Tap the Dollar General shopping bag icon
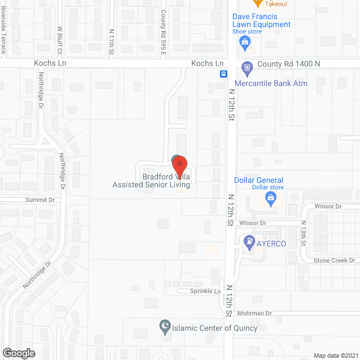click(x=271, y=197)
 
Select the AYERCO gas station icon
click(x=249, y=244)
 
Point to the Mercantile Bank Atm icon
click(x=246, y=68)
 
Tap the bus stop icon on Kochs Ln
click(x=223, y=74)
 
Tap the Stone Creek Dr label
click(x=334, y=260)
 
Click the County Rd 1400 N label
click(x=289, y=64)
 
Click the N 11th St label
click(x=111, y=42)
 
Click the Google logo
click(x=18, y=353)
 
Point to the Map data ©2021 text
click(x=335, y=355)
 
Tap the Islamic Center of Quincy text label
click(x=214, y=328)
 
